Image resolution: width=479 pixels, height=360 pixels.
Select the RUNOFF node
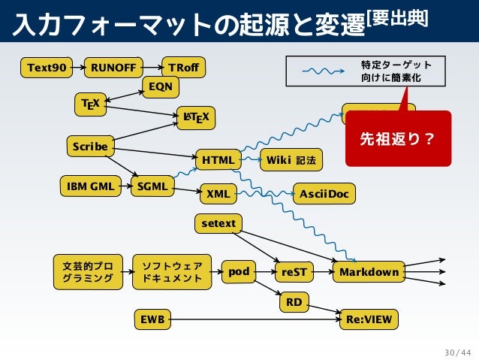[113, 68]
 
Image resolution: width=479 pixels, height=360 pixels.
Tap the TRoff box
[184, 68]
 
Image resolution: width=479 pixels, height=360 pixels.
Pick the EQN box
[160, 87]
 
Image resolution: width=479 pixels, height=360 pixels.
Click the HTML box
[218, 160]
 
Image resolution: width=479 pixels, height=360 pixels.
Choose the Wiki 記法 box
[291, 160]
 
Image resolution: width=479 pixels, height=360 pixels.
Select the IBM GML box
[90, 185]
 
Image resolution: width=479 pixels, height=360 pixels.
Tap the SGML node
[152, 186]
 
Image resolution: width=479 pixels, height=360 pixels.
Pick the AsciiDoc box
[324, 194]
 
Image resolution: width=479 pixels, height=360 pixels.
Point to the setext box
[218, 223]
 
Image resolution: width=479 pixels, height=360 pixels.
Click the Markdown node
[369, 271]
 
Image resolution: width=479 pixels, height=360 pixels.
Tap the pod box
[239, 271]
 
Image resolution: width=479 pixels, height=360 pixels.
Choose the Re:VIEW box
[369, 319]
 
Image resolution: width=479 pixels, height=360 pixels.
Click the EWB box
[152, 319]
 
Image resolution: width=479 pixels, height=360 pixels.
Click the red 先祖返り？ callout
[398, 138]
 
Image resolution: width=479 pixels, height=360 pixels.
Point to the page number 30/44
[457, 351]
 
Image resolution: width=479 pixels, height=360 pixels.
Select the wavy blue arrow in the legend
[323, 71]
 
